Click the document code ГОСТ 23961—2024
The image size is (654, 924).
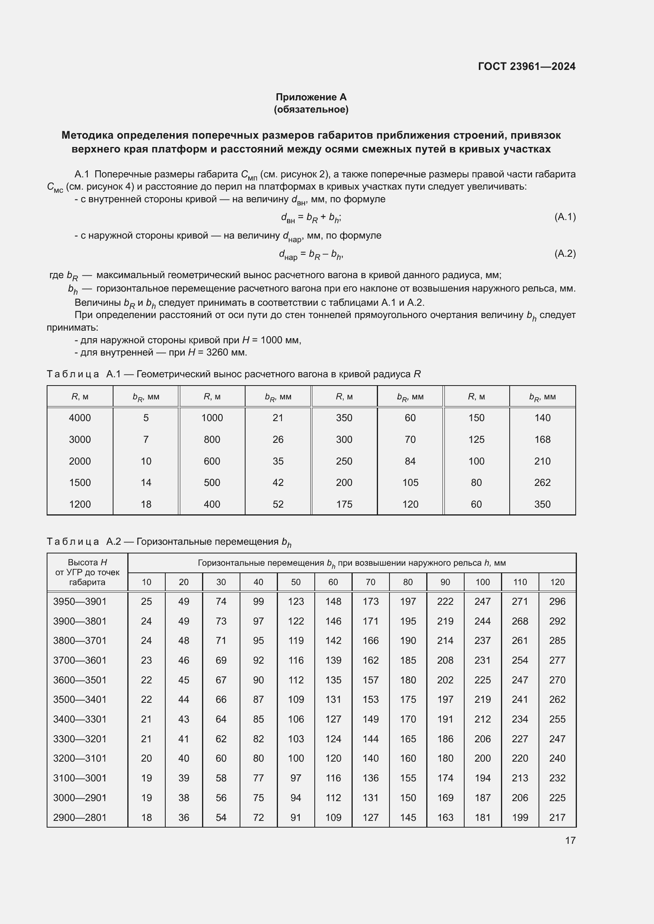pyautogui.click(x=526, y=66)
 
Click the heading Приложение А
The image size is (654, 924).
pyautogui.click(x=311, y=97)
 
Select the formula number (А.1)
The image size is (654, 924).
pyautogui.click(x=565, y=217)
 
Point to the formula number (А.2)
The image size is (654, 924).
pyautogui.click(x=565, y=254)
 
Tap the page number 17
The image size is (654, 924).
pyautogui.click(x=570, y=840)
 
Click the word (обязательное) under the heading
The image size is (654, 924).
pyautogui.click(x=311, y=109)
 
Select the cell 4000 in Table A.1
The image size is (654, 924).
pyautogui.click(x=80, y=418)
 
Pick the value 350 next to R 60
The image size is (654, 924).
pyautogui.click(x=542, y=504)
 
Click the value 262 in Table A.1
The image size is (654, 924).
pyautogui.click(x=542, y=482)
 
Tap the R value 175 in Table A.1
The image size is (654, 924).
pyautogui.click(x=344, y=504)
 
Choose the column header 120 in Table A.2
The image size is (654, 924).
pyautogui.click(x=557, y=582)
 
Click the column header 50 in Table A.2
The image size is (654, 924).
pyautogui.click(x=296, y=582)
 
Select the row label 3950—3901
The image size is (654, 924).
pyautogui.click(x=80, y=602)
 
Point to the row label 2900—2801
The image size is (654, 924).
pyautogui.click(x=80, y=817)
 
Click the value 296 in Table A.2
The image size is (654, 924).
pyautogui.click(x=557, y=602)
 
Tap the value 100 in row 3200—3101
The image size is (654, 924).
pyautogui.click(x=296, y=758)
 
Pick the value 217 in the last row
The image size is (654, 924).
pyautogui.click(x=557, y=817)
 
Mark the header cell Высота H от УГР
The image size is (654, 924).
pyautogui.click(x=87, y=572)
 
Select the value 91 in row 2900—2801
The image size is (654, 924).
pyautogui.click(x=296, y=817)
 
